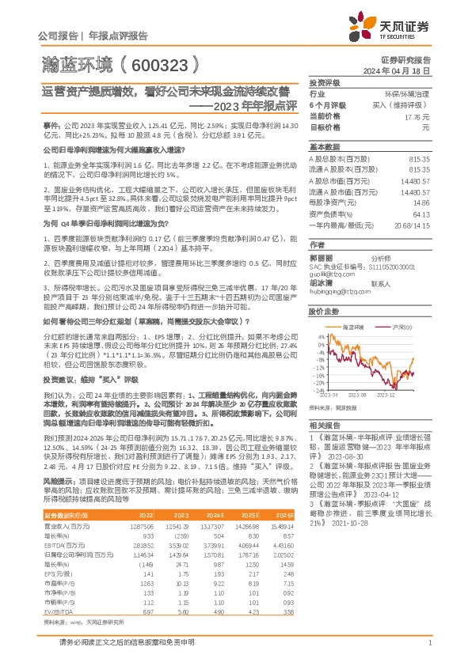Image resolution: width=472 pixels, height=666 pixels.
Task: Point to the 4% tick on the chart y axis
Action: [x=318, y=336]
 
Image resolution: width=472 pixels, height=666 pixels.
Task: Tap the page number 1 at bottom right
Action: [x=429, y=649]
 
